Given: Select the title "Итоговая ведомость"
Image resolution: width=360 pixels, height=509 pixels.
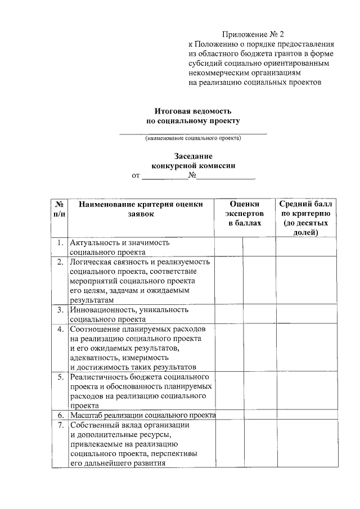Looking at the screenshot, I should click(x=193, y=111).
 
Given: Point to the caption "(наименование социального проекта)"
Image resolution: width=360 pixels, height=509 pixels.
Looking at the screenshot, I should click(x=193, y=138).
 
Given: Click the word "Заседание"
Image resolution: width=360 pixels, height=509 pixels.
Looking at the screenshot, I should click(x=193, y=156).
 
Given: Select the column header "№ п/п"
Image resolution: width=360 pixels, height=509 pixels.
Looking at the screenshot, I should click(x=59, y=209).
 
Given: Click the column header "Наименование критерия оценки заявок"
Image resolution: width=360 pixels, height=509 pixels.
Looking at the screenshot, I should click(x=140, y=209).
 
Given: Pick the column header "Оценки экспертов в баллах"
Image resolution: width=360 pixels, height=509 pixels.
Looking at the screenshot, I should click(x=245, y=214).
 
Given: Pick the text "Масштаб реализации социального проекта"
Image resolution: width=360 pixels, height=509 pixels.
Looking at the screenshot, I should click(x=143, y=415).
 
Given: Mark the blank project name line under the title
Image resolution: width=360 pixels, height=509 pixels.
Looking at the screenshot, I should click(x=193, y=132).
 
